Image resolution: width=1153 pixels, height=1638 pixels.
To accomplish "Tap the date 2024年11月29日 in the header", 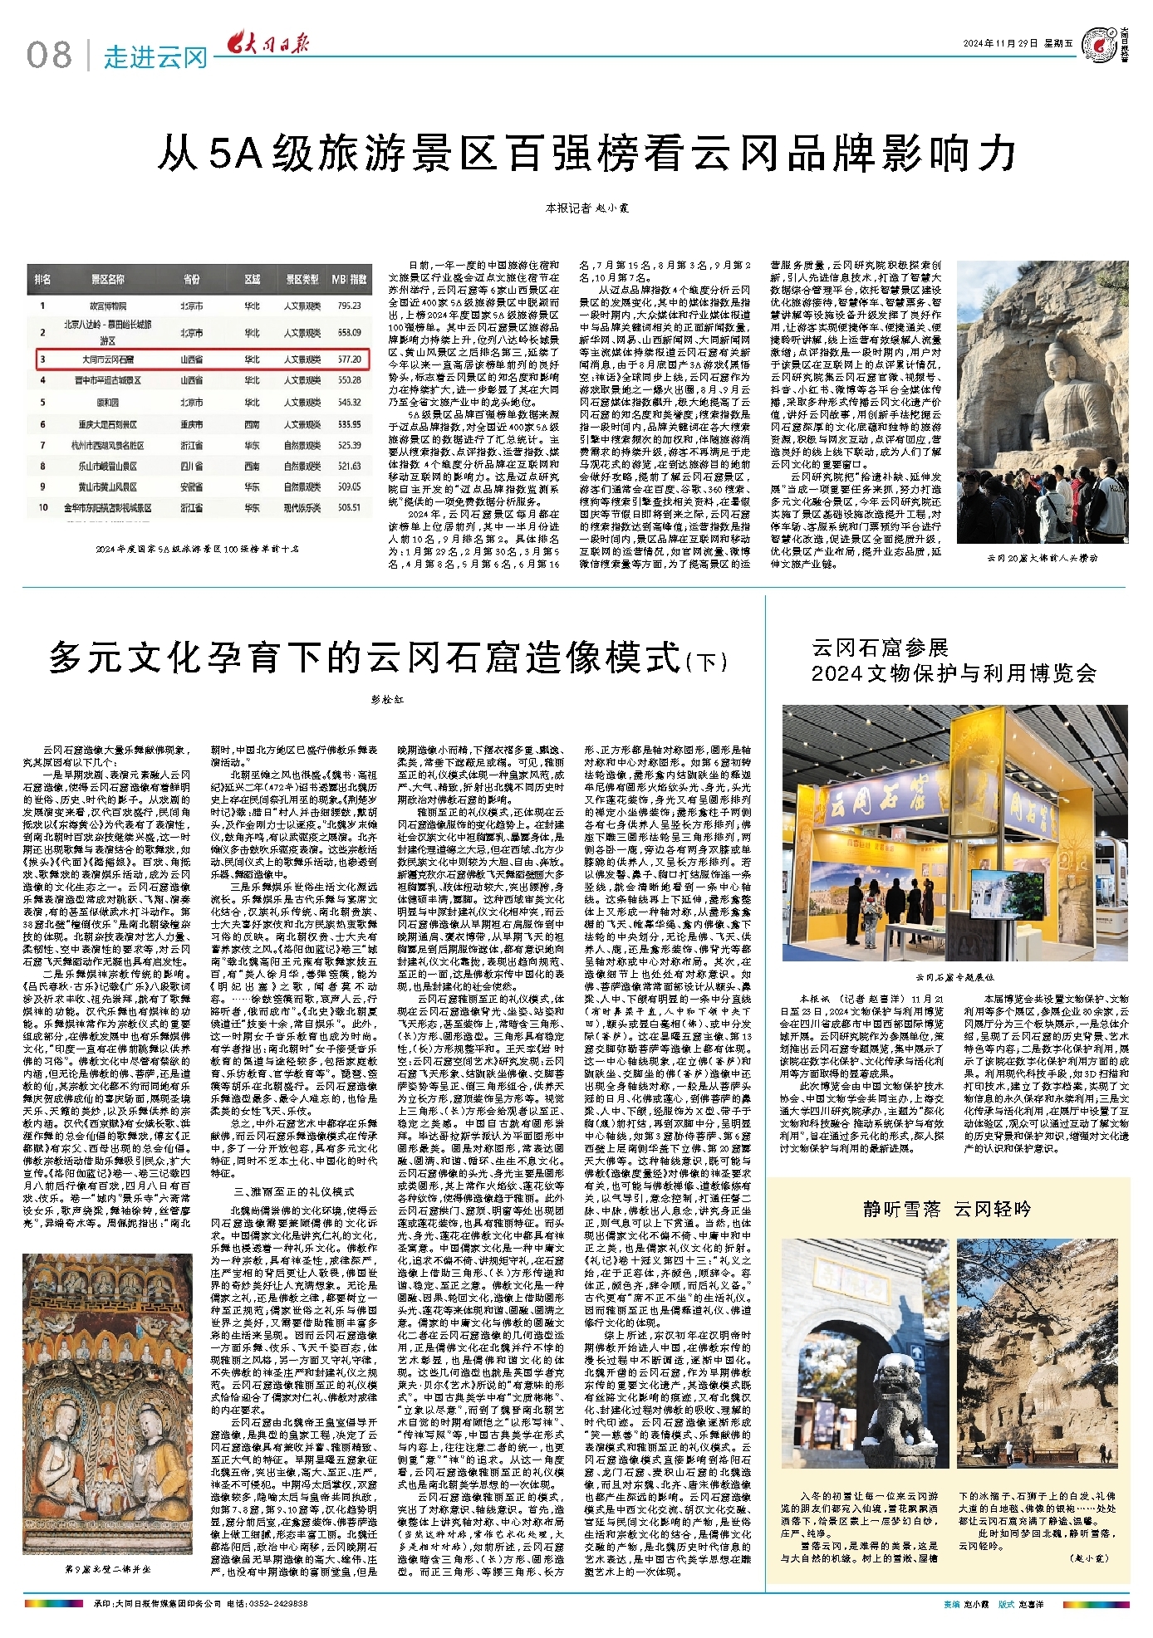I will tap(1001, 44).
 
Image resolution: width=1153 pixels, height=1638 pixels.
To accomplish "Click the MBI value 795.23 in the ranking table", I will tap(349, 306).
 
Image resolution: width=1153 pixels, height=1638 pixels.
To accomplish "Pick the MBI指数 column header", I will tap(349, 280).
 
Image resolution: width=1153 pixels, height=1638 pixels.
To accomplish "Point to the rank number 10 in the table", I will tap(42, 507).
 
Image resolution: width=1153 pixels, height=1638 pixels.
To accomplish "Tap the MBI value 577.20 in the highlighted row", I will tap(349, 359).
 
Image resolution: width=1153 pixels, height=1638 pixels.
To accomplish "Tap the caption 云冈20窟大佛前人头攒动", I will tap(1042, 558).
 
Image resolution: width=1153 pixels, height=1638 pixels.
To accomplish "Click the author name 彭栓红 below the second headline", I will tap(387, 699).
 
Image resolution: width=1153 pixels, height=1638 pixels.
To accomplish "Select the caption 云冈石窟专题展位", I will tap(954, 978).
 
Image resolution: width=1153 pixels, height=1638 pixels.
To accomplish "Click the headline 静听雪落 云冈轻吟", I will tap(947, 1209).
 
